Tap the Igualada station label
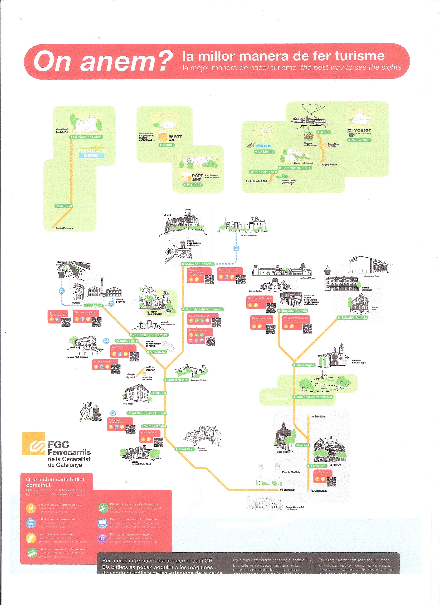93,306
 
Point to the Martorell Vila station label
177,380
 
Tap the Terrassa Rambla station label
294,311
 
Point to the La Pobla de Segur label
87,137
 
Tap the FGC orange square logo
33,443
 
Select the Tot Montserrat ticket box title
197,330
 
